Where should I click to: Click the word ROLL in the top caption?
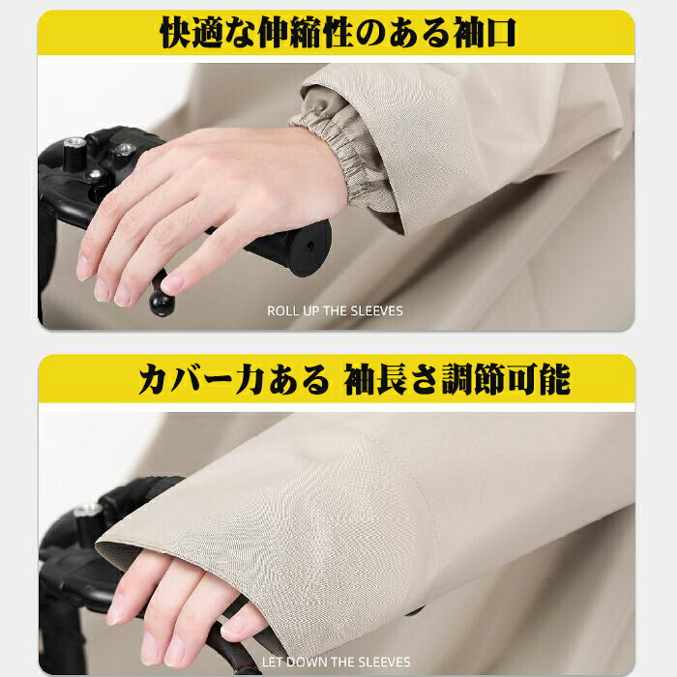pos(280,310)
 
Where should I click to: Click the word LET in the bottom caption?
pos(273,662)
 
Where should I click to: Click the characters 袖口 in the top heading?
pos(485,33)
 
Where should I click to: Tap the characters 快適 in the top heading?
pos(191,33)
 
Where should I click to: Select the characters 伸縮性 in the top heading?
pos(307,33)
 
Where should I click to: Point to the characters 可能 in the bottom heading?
pos(540,379)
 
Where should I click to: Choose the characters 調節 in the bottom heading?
pos(474,379)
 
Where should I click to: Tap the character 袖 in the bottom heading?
pos(359,379)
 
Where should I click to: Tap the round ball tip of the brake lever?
pos(162,303)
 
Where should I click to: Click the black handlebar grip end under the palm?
pos(302,249)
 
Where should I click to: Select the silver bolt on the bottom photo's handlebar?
pos(88,511)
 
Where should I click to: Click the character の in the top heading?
pos(371,34)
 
